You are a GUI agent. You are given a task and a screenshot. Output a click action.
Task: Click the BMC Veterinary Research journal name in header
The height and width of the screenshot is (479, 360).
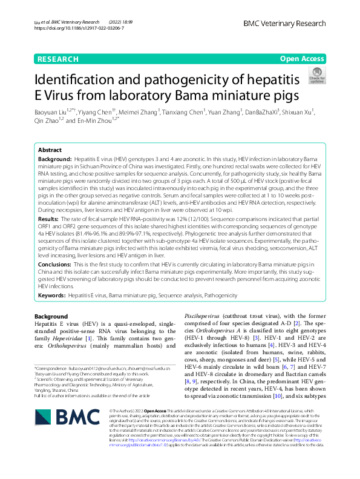[284, 23]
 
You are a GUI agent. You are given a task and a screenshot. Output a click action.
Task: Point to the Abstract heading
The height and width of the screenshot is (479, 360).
[50, 149]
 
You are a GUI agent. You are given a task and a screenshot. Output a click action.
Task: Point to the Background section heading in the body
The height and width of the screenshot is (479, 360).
[51, 317]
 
